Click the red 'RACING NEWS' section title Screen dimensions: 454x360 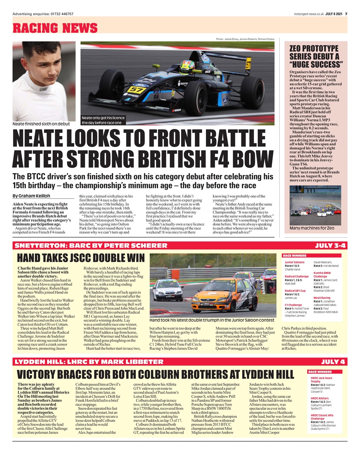coord(55,28)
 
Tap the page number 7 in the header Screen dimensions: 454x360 coord(346,14)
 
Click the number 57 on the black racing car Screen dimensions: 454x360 coord(136,89)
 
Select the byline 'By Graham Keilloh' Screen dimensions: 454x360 coord(31,196)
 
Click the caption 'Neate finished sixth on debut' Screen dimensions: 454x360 coord(41,124)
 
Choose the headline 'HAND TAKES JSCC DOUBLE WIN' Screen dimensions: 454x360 coord(81,258)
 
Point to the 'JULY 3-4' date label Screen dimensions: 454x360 coord(331,245)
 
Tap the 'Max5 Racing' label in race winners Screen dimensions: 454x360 coord(322,298)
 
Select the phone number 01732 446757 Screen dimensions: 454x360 coord(62,14)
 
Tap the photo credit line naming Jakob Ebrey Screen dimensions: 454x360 coord(245,39)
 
